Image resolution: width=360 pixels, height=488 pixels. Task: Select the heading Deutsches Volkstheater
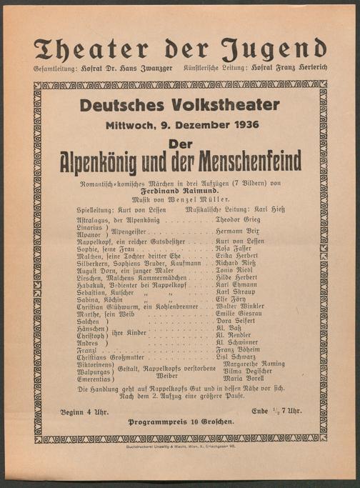tap(179, 104)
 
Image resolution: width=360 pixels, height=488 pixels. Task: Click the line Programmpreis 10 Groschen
tap(180, 422)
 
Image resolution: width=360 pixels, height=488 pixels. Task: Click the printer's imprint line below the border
tap(180, 447)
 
